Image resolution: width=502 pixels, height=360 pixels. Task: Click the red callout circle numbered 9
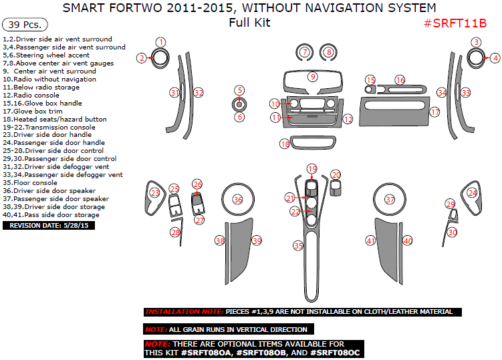coord(312,77)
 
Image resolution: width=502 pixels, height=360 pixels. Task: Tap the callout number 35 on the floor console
coord(298,246)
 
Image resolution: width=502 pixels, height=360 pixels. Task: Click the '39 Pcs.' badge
coord(25,25)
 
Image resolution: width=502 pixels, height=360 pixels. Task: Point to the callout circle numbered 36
coord(237,200)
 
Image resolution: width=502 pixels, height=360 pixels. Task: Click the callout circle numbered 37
coord(390,200)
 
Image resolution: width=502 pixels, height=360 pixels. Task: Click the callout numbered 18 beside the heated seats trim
coord(285,144)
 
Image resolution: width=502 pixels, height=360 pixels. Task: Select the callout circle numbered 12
coord(348,119)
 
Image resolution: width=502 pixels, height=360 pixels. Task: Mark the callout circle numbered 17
coord(434,112)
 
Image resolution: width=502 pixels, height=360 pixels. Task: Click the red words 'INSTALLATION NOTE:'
coord(183,312)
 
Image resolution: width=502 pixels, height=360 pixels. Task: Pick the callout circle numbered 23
coord(155,193)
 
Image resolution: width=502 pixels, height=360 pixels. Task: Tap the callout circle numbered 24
coord(473,193)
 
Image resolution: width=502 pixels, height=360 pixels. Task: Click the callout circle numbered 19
coord(311,168)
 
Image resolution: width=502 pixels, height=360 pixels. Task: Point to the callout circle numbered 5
coord(239,89)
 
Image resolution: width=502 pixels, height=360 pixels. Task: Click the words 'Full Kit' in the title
coord(249,23)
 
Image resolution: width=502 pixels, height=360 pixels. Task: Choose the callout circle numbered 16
coord(400,79)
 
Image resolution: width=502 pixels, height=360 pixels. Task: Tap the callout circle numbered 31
coord(174,93)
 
